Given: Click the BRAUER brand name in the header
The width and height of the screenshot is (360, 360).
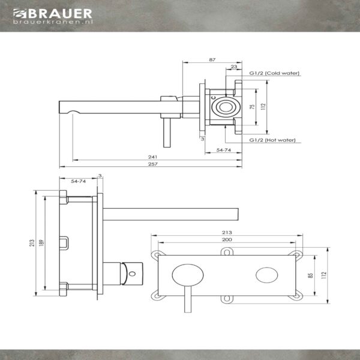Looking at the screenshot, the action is click(x=60, y=14).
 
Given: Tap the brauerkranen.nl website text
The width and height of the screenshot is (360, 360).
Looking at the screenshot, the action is click(x=53, y=22).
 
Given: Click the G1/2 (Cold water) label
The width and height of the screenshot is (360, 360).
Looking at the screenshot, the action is click(x=274, y=73).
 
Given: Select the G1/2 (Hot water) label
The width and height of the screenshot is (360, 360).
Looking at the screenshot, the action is click(x=272, y=140).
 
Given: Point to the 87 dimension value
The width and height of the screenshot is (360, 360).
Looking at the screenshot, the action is click(x=212, y=59).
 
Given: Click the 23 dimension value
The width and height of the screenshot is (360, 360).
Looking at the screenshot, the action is click(x=234, y=67).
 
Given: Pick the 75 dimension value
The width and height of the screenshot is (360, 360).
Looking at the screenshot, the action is click(x=252, y=107).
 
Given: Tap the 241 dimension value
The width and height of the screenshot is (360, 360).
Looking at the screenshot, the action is click(x=152, y=157).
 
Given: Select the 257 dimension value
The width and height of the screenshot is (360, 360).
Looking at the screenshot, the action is click(x=153, y=164).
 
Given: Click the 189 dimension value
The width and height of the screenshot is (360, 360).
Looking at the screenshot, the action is click(x=41, y=243).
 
